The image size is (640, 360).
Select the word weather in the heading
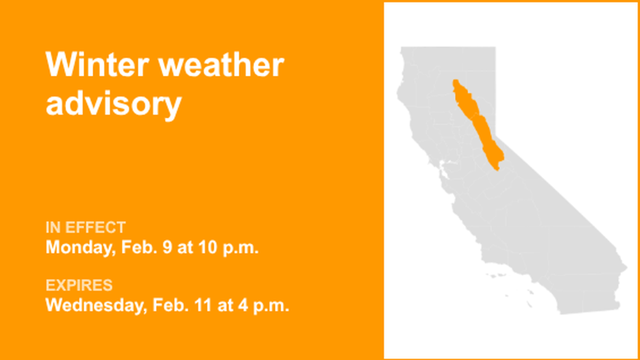pos(221,65)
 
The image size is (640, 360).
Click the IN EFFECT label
pos(85,227)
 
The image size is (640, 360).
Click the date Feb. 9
pos(147,248)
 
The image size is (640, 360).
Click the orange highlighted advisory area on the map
pos(477,124)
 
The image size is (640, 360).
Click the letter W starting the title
pos(60,65)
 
